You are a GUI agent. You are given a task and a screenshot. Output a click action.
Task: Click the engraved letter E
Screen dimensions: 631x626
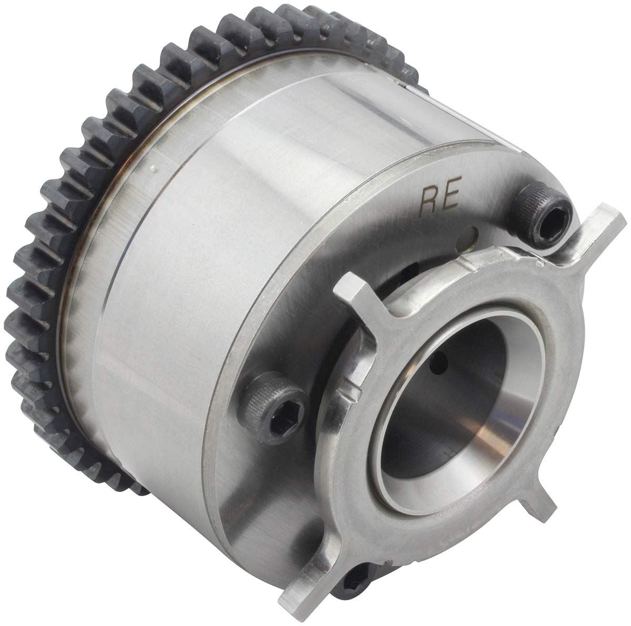coord(451,193)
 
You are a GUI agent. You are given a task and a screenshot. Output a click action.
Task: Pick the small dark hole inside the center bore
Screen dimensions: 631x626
coord(439,363)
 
